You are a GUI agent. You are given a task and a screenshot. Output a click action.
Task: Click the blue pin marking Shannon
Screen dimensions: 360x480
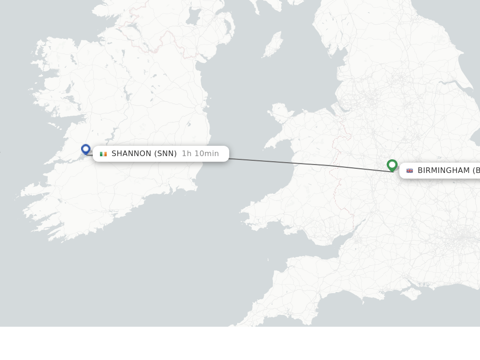[x=86, y=149]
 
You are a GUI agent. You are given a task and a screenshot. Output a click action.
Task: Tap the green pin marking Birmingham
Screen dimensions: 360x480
[x=392, y=165]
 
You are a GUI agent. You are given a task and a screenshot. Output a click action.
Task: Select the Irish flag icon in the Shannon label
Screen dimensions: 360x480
[x=103, y=154]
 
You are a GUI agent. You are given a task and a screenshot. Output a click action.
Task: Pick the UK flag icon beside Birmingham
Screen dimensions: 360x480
[x=410, y=171]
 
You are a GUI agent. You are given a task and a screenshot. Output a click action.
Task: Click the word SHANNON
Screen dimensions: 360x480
[x=131, y=154]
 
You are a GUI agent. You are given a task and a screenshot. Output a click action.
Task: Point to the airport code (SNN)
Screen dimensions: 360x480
[x=165, y=154]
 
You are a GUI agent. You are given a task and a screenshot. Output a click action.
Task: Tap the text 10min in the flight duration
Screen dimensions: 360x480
[x=207, y=154]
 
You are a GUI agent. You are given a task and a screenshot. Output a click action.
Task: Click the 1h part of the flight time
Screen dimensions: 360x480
[x=187, y=154]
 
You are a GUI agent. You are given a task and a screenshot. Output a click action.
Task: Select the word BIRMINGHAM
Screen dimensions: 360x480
[x=443, y=171]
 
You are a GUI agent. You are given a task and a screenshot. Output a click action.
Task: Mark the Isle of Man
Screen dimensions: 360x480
[x=273, y=45]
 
